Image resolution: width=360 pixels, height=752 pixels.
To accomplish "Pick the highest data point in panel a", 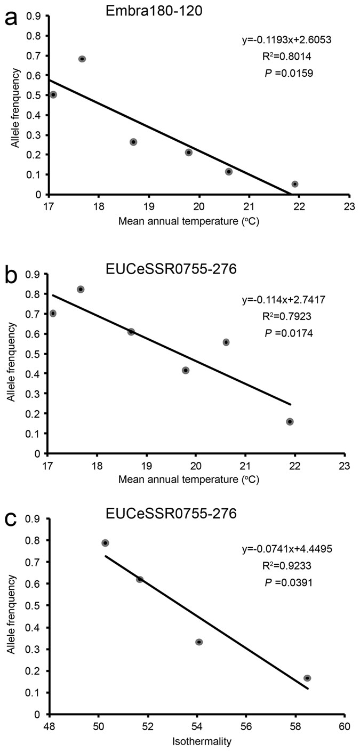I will click(x=82, y=59).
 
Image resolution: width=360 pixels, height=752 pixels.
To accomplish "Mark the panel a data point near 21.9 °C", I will click(x=294, y=184).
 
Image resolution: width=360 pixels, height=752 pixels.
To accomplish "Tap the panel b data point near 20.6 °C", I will click(x=226, y=342).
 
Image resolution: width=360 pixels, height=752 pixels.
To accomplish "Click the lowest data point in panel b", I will click(x=290, y=421).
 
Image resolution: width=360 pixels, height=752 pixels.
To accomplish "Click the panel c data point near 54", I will click(x=199, y=642).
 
